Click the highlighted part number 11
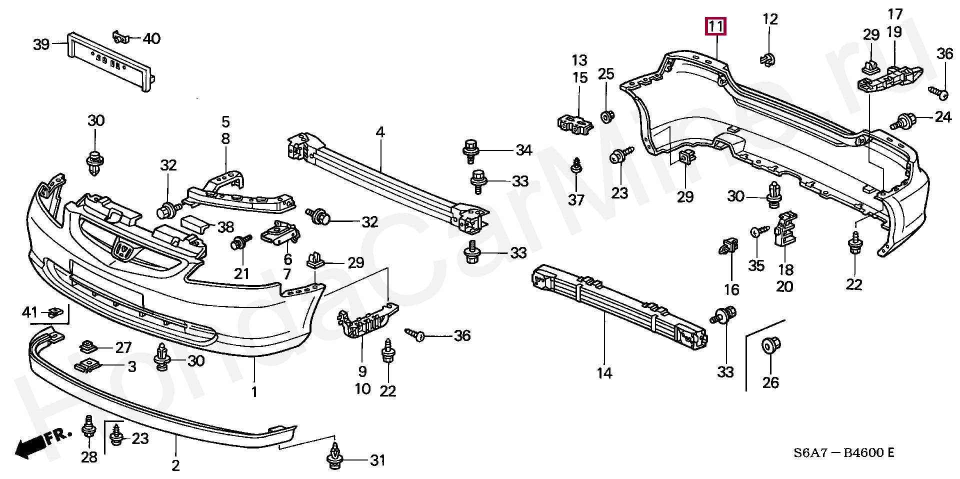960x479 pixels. coord(715,26)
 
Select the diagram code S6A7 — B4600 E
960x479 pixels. coord(844,453)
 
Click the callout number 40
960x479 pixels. coord(151,38)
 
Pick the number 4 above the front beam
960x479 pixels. coord(380,132)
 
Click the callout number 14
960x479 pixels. coord(604,373)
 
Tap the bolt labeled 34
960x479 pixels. coord(470,150)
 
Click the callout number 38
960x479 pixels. coord(225,227)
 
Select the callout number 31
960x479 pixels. coord(377,460)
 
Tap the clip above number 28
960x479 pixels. coord(88,426)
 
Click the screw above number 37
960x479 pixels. coord(576,166)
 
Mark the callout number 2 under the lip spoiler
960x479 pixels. coord(175,465)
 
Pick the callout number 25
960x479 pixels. coord(606,74)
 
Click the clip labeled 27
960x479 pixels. coord(88,346)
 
